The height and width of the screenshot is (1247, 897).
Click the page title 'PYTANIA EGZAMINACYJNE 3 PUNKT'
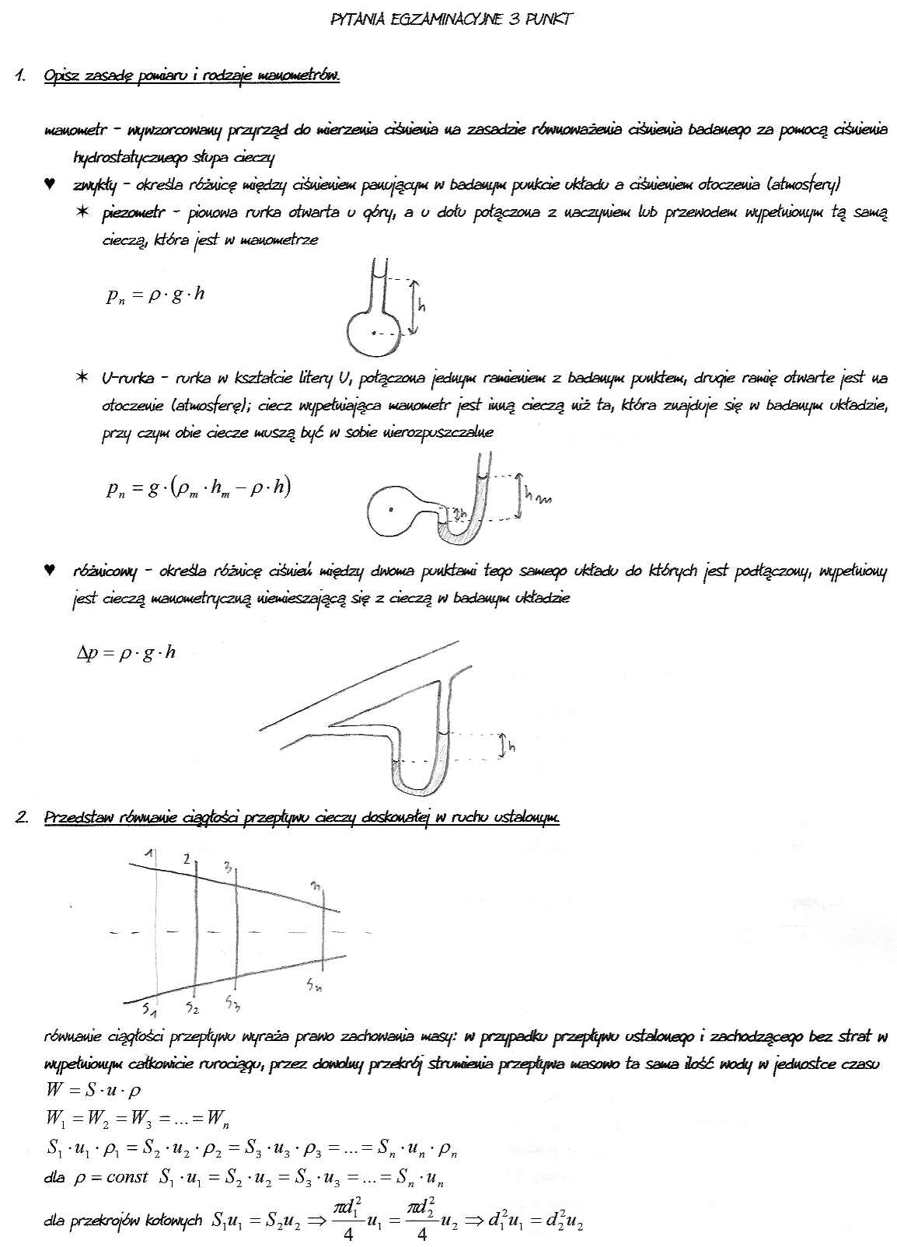(x=452, y=19)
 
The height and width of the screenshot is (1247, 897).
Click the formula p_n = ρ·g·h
(x=155, y=295)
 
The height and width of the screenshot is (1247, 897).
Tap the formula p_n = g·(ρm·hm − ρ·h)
(x=199, y=487)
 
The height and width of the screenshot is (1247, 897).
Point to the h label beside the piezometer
(x=422, y=306)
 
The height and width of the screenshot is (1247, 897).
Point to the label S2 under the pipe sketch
(x=193, y=1008)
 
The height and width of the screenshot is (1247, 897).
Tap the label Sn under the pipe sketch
(x=314, y=986)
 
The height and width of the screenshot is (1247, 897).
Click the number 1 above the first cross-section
(x=152, y=855)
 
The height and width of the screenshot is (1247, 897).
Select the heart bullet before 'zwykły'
(x=51, y=184)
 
